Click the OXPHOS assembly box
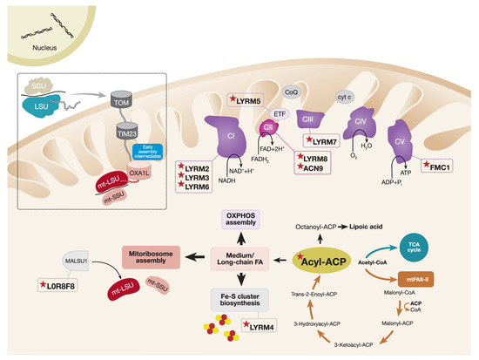(233, 219)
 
